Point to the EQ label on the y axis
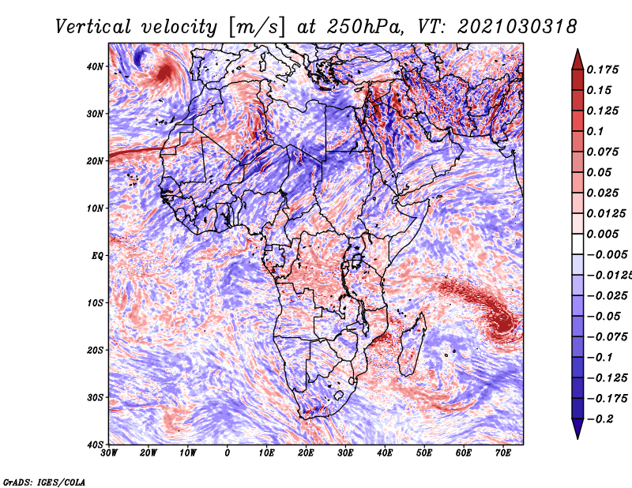(96, 255)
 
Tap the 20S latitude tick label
(95, 350)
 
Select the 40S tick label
(95, 444)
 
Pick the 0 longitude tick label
(228, 453)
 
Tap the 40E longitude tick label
(385, 453)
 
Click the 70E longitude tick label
(502, 453)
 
